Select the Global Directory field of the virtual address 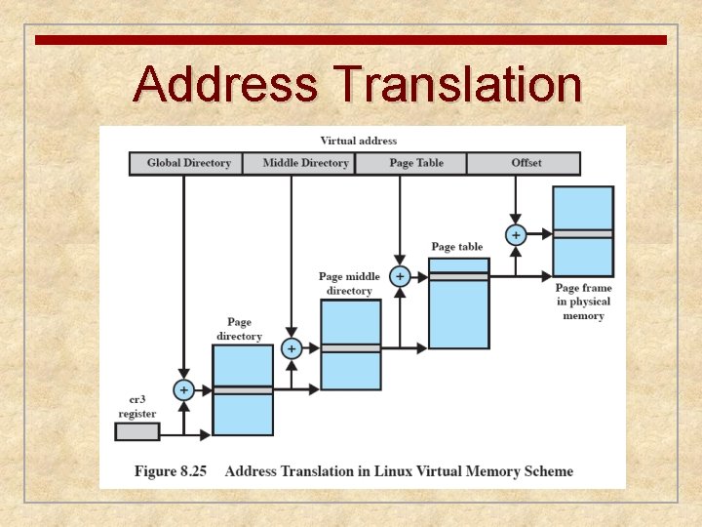188,163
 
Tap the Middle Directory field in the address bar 305,163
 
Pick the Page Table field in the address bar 415,163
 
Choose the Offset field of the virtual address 526,163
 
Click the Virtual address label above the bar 358,141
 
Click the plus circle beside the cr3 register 183,389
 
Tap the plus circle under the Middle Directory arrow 291,347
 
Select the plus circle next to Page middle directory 399,276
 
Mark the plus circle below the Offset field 515,234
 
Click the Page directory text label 239,329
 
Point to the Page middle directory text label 349,283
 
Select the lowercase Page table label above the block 456,247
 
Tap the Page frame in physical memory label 583,302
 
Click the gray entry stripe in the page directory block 243,389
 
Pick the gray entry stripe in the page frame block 583,234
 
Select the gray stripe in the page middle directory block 351,347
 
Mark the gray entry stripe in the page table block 458,276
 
